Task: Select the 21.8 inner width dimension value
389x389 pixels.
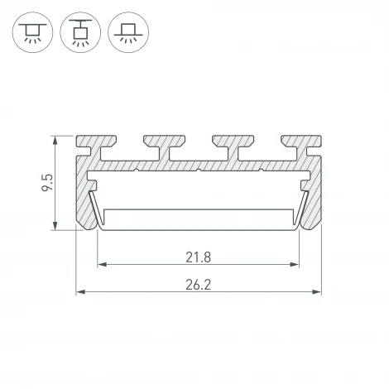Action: pyautogui.click(x=198, y=257)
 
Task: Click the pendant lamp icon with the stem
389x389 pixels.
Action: pyautogui.click(x=80, y=32)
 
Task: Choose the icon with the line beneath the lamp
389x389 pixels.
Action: pyautogui.click(x=126, y=32)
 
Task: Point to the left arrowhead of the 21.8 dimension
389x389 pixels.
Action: pyautogui.click(x=103, y=265)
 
